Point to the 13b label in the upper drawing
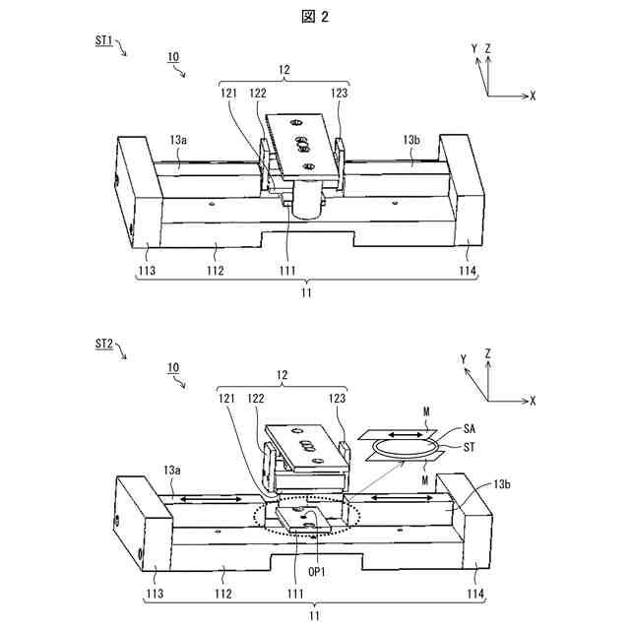click(x=412, y=142)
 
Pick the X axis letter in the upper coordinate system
click(x=533, y=95)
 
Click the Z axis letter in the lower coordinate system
click(x=488, y=351)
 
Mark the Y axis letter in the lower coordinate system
click(x=463, y=361)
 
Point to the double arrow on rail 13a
click(x=210, y=500)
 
